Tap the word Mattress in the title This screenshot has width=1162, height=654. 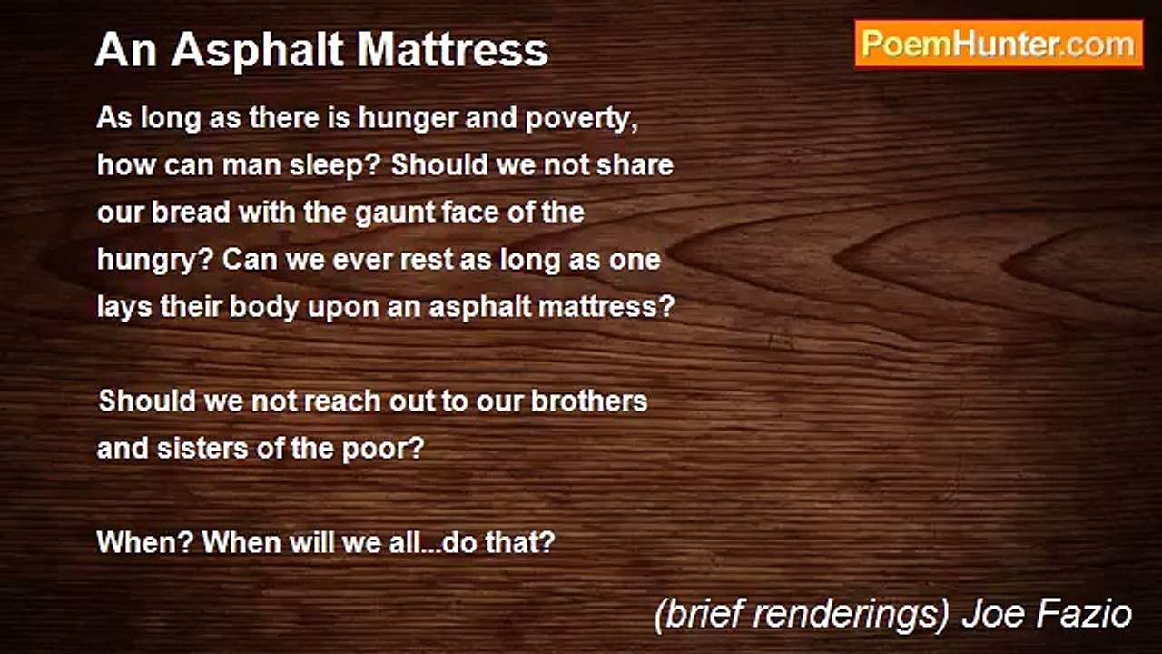click(453, 51)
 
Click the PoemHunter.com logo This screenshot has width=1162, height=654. click(999, 44)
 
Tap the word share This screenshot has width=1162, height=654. click(635, 166)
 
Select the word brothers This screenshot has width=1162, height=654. click(589, 401)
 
